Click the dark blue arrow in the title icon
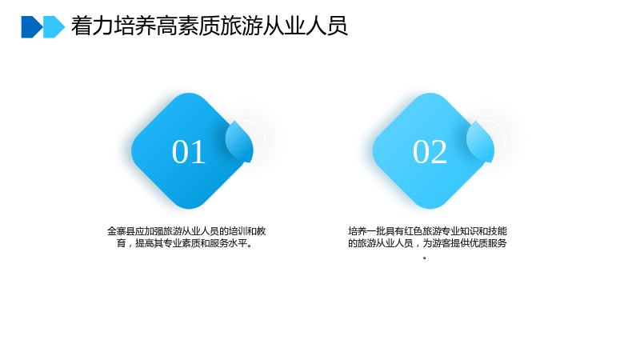(x=31, y=27)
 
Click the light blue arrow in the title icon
(x=54, y=27)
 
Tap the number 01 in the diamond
(x=189, y=152)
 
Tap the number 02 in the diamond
(x=430, y=152)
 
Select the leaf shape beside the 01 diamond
(x=240, y=142)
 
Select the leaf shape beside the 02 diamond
(x=481, y=142)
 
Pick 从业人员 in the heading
(x=306, y=26)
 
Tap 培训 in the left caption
(x=238, y=231)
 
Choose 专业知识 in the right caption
(x=458, y=231)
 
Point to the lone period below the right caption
(x=425, y=258)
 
